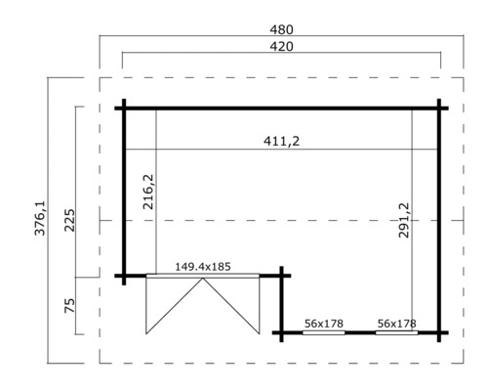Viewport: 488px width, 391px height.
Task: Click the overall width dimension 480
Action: (x=281, y=29)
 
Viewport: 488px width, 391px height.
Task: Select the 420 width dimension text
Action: (x=281, y=45)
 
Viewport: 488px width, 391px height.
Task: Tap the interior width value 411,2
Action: (x=281, y=142)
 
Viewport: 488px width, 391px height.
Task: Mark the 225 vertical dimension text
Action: (x=68, y=220)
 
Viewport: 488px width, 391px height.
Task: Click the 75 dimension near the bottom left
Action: (x=68, y=306)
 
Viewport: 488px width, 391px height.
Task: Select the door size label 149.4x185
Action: (x=203, y=265)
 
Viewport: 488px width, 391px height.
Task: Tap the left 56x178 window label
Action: (x=323, y=322)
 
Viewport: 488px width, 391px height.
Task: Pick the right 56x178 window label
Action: (x=396, y=322)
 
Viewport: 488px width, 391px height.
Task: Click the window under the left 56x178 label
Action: (x=323, y=332)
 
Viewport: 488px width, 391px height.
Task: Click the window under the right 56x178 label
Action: (x=396, y=332)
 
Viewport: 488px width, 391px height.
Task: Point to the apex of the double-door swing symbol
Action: (x=203, y=280)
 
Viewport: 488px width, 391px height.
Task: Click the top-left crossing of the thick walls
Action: (x=124, y=107)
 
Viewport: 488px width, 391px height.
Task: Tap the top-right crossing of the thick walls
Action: (x=440, y=107)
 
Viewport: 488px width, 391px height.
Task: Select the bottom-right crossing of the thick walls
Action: (x=440, y=332)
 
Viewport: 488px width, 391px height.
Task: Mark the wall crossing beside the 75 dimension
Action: (x=124, y=276)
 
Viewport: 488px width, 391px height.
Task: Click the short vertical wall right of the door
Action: (x=281, y=303)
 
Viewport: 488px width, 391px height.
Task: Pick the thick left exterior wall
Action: (x=124, y=191)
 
